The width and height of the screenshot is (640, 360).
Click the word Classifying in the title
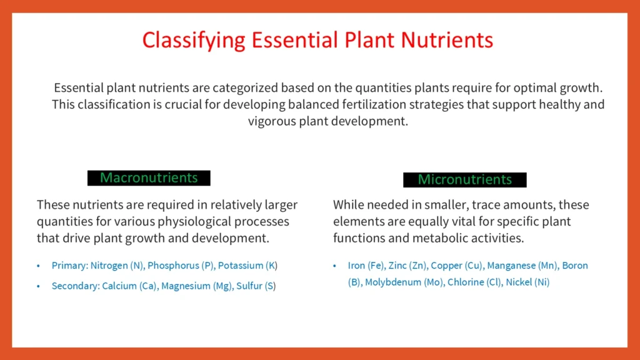tap(194, 41)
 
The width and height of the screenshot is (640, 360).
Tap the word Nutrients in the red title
tap(447, 39)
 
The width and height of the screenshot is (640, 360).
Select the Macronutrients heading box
tap(149, 178)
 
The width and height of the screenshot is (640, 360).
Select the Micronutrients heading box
tap(465, 179)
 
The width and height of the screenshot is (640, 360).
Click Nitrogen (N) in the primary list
tap(117, 266)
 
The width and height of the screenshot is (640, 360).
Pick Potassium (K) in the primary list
tap(247, 266)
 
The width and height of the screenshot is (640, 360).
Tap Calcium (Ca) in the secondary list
tap(130, 286)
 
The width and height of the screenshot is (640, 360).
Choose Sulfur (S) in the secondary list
tap(256, 286)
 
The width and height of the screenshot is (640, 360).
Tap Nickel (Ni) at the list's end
tap(527, 282)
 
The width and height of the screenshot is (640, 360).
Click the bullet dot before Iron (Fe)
tap(335, 266)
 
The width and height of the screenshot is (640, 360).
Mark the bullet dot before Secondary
tap(38, 286)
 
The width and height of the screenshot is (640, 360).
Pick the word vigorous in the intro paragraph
tap(272, 121)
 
